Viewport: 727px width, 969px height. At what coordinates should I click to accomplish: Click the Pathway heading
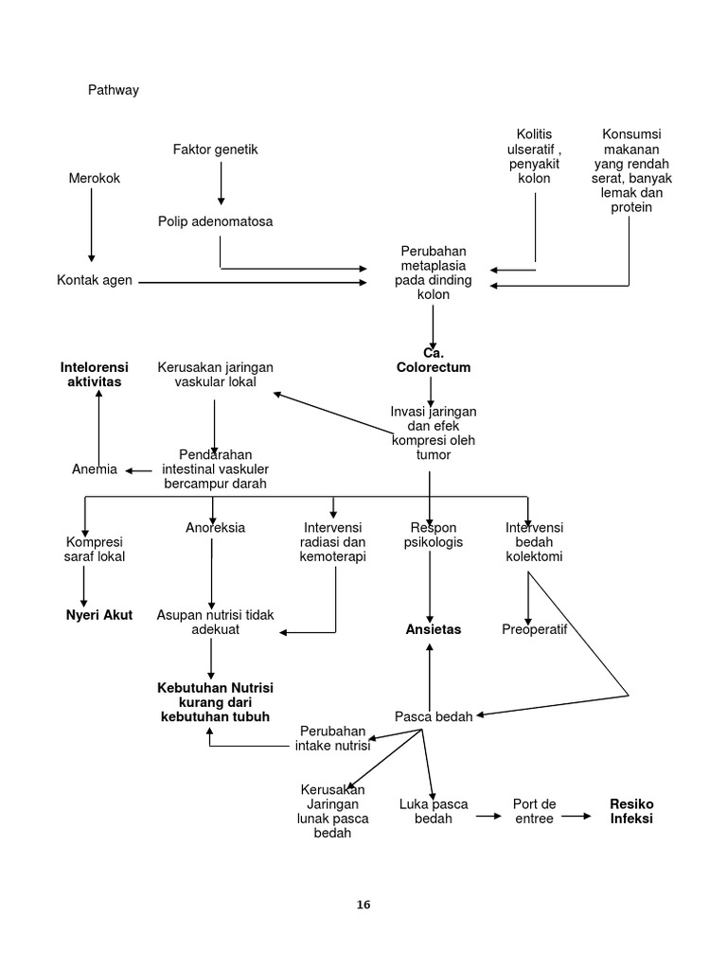pos(114,90)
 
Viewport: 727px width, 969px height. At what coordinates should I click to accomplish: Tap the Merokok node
pos(95,178)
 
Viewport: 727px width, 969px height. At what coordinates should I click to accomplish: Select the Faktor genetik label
pos(215,150)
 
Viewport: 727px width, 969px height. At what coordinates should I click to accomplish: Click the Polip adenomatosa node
pos(215,221)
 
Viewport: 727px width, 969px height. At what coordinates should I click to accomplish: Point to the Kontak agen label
pos(95,281)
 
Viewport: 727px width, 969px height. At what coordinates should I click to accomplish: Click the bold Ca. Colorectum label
pos(434,360)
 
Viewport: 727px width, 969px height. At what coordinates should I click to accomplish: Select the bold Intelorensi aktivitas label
pos(94,374)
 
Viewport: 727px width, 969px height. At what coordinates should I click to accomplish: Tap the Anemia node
pos(95,469)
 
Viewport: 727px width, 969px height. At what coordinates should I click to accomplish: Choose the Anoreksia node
pos(215,528)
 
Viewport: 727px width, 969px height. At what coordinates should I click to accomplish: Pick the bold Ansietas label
pos(433,629)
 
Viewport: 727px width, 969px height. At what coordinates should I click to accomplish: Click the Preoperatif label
pos(534,629)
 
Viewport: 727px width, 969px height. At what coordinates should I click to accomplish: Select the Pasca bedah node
pos(434,716)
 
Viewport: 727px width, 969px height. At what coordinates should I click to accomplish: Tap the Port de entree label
pos(535,811)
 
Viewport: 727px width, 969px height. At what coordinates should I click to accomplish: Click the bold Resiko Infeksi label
pos(631,811)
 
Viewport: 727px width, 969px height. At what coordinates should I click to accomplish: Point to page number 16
pos(363,905)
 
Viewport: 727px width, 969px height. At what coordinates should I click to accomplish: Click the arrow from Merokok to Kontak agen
pos(92,224)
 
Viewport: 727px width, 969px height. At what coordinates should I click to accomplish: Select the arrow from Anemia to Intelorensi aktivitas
pos(99,425)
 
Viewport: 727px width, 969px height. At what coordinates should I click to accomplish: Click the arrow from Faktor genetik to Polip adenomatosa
pos(222,183)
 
